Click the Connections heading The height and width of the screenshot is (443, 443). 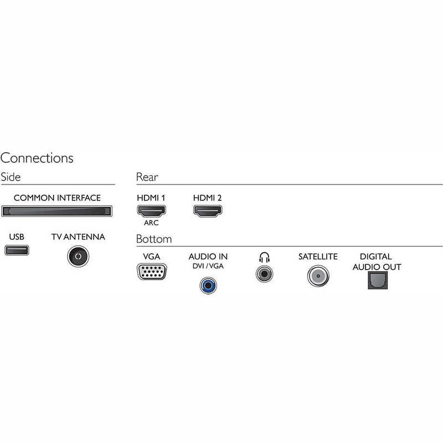click(x=37, y=158)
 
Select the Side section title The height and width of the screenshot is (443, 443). click(x=11, y=177)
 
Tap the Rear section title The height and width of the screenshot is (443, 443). click(x=147, y=177)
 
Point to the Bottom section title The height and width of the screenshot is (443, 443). click(x=154, y=239)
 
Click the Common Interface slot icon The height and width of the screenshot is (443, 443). click(x=56, y=211)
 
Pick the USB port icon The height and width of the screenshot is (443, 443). click(x=17, y=250)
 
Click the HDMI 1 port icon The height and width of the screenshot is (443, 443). click(x=151, y=210)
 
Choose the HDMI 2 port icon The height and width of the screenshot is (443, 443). click(x=207, y=210)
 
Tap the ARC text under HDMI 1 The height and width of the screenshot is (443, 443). click(x=151, y=224)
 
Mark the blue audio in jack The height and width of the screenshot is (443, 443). click(x=208, y=285)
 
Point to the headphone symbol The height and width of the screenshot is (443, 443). click(x=264, y=257)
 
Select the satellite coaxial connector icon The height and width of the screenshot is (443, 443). click(x=318, y=275)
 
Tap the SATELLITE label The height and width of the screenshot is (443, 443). click(x=318, y=257)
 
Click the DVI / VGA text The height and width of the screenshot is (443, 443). click(x=208, y=267)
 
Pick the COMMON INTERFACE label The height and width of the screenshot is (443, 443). click(x=57, y=198)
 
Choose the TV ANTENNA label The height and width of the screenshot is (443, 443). click(x=78, y=237)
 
